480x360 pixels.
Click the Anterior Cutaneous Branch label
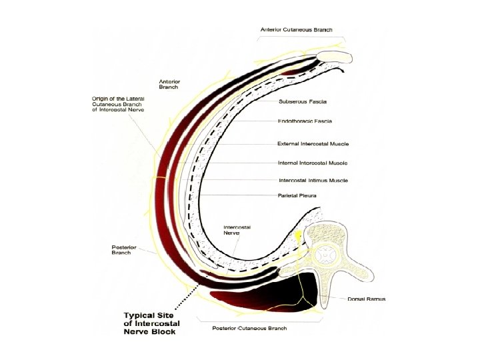point(296,30)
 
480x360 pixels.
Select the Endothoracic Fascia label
point(305,121)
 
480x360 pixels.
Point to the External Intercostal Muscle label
point(313,143)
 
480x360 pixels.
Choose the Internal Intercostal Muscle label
point(313,162)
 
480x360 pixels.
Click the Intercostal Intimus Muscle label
point(313,180)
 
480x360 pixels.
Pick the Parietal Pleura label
point(297,195)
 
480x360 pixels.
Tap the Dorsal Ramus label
point(366,299)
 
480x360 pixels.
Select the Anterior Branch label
point(169,84)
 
